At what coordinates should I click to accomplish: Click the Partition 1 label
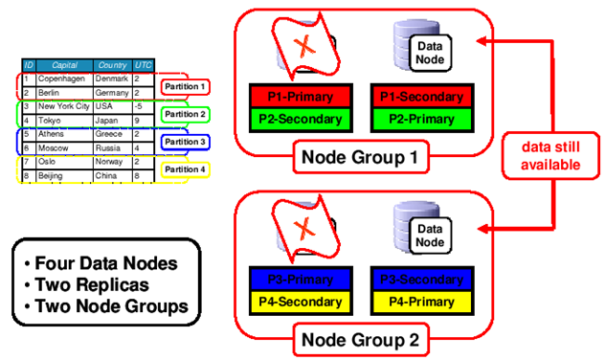tap(185, 87)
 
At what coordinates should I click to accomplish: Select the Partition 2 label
tap(185, 115)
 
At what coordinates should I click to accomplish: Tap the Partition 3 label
tap(185, 142)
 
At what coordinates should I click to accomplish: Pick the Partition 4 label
tap(185, 169)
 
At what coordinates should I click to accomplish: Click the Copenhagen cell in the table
tap(63, 78)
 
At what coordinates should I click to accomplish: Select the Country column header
tap(113, 65)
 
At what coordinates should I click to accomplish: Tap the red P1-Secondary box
tap(417, 97)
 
